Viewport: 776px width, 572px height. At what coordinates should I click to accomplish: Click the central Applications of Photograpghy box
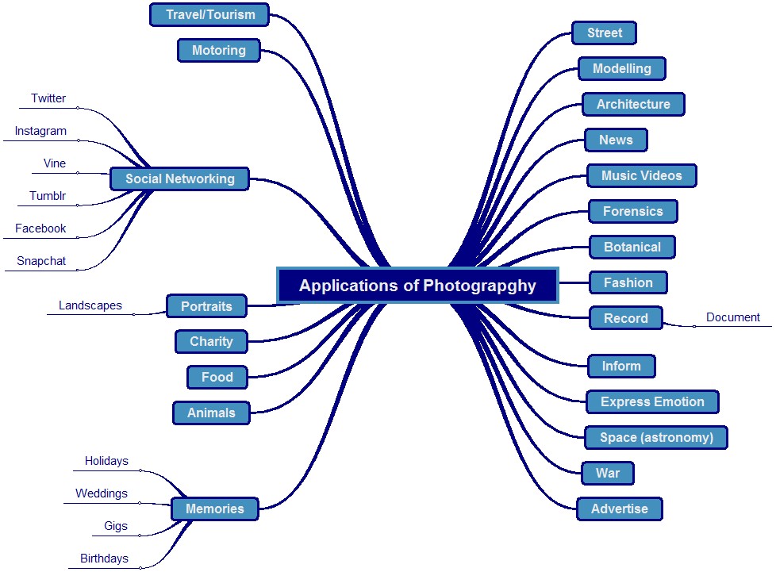[417, 286]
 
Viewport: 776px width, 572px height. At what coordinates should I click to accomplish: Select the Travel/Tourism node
[210, 14]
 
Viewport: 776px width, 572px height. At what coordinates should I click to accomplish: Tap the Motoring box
[219, 51]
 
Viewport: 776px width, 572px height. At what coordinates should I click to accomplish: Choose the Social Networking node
[180, 179]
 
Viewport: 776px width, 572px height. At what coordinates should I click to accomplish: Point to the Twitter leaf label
[48, 99]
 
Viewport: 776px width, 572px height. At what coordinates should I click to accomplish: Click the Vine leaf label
[55, 164]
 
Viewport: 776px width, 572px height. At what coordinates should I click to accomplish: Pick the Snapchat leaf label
[41, 261]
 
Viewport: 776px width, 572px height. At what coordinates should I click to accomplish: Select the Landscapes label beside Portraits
[90, 305]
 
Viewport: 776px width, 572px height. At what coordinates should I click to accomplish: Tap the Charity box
[211, 342]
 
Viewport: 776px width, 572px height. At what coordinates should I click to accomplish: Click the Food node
[217, 377]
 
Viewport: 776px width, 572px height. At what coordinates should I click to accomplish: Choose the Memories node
[214, 509]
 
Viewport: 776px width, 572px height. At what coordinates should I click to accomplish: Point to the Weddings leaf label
[102, 493]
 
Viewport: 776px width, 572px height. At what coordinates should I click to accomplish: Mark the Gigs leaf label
[116, 526]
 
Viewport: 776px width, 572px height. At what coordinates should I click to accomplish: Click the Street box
[605, 33]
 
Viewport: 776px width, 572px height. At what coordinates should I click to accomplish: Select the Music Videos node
[642, 175]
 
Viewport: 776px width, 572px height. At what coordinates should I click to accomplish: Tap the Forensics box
[633, 211]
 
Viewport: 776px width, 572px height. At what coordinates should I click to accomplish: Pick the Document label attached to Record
[733, 317]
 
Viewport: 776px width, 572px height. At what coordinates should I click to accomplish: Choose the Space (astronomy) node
[656, 437]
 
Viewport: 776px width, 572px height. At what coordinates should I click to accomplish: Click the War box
[608, 473]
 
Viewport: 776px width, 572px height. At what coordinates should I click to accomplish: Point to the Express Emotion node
[652, 401]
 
